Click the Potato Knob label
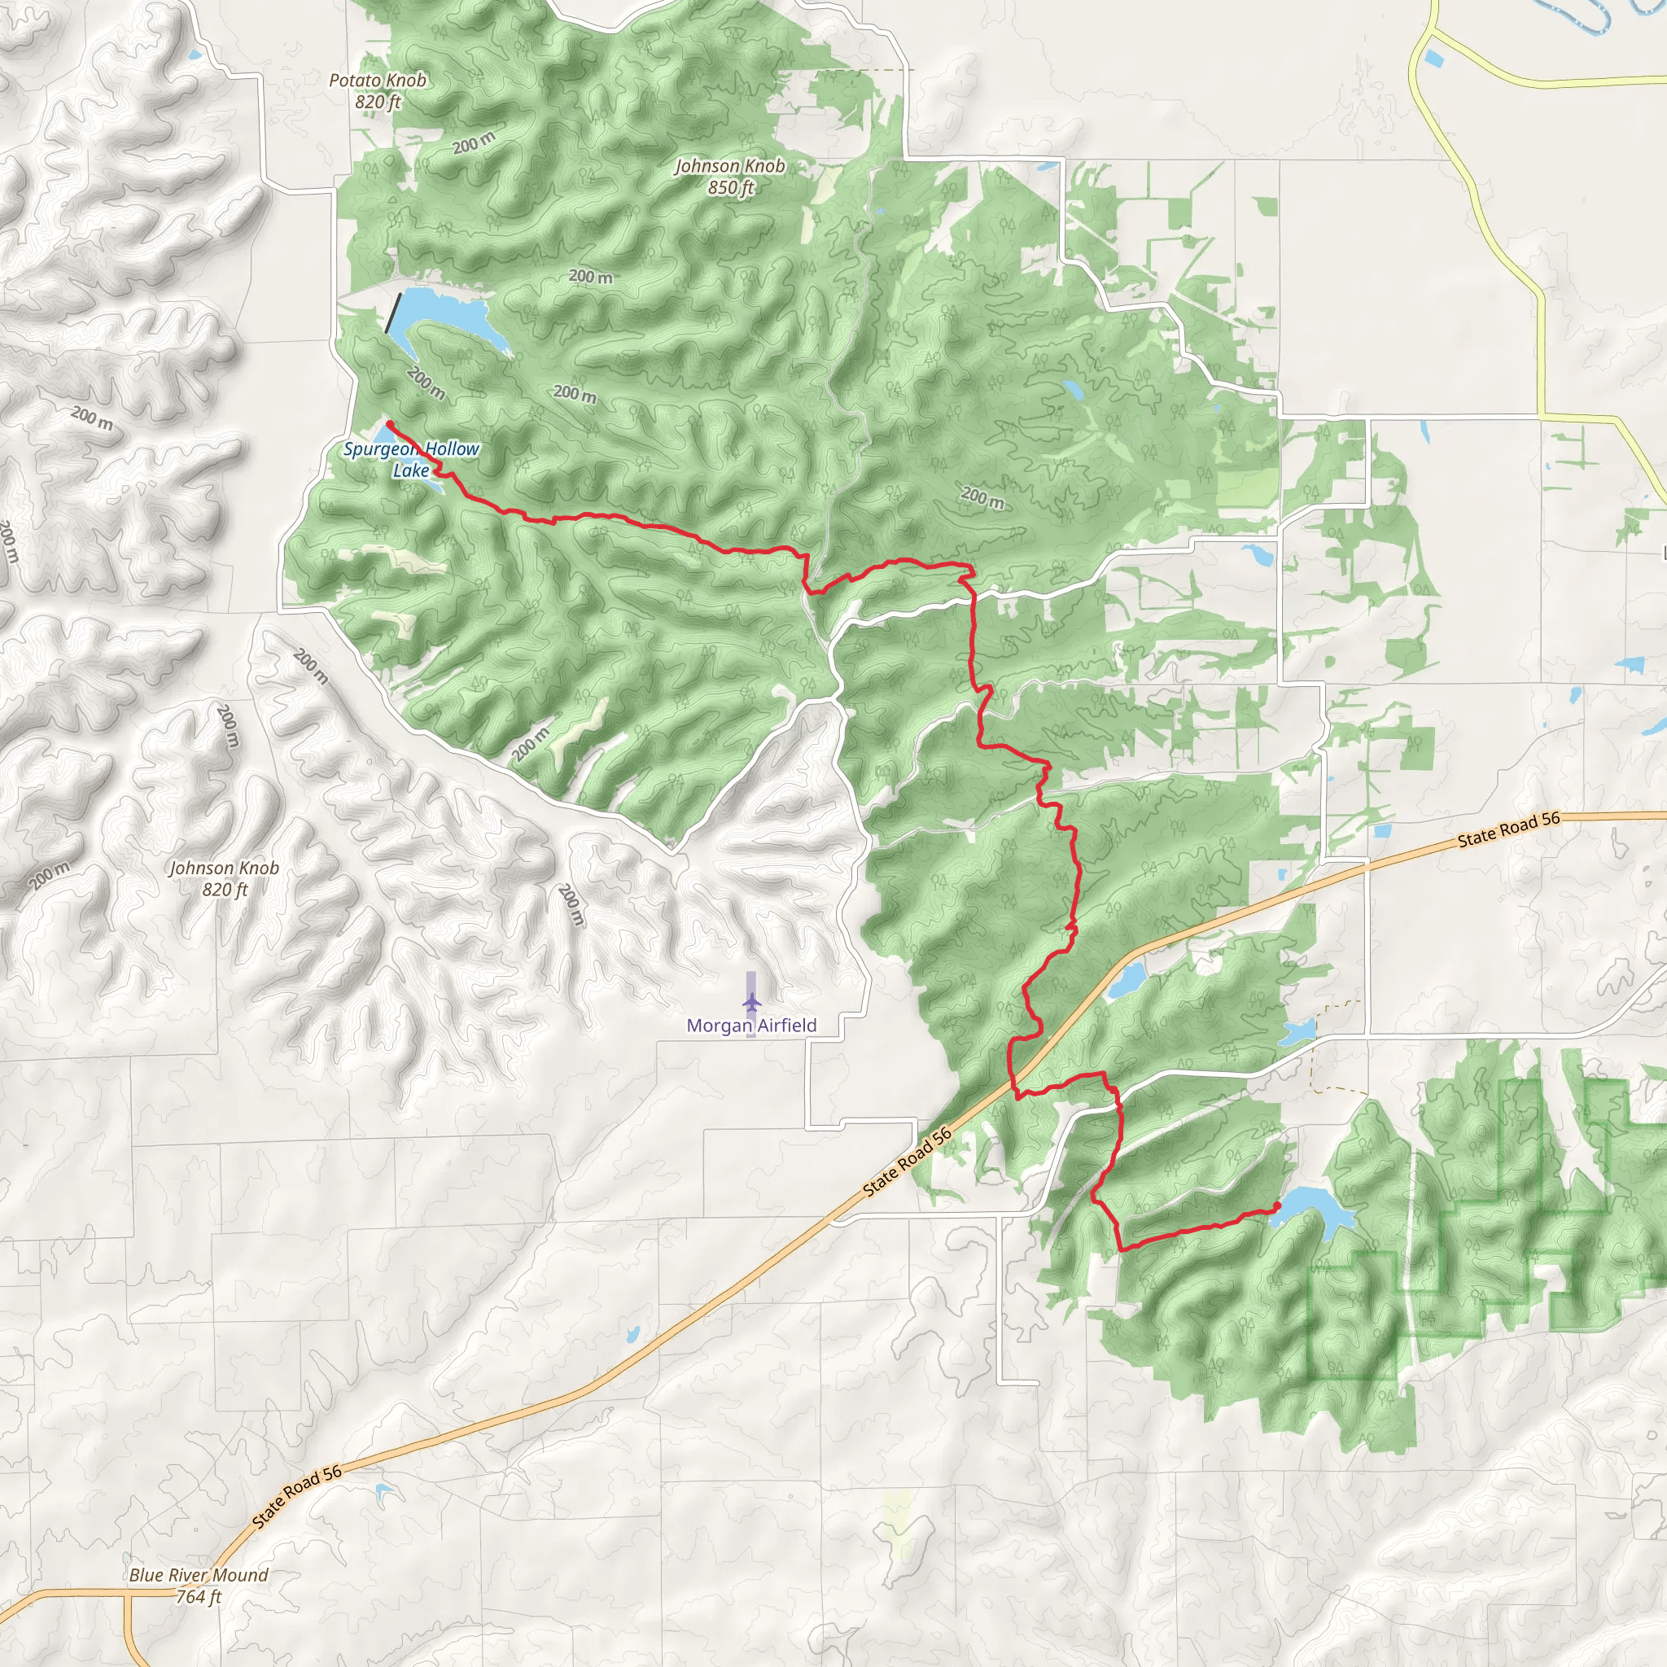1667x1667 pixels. tap(378, 81)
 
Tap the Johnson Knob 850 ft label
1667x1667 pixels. tap(730, 176)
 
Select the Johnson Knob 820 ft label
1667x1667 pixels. tap(225, 878)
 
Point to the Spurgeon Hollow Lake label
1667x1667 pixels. tap(411, 459)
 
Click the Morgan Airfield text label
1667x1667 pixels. tap(751, 1025)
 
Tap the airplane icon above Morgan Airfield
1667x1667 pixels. tap(751, 1003)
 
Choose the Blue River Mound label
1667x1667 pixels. tap(199, 1575)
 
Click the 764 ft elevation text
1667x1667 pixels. tap(199, 1597)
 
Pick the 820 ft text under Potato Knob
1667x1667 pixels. tap(378, 102)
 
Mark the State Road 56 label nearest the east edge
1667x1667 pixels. tap(1509, 829)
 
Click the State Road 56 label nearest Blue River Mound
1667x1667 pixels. tap(298, 1497)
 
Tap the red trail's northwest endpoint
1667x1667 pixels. tap(389, 422)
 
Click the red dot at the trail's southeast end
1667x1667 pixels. tap(1277, 1205)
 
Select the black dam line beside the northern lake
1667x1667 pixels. tap(393, 313)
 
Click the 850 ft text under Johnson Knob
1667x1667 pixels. tap(730, 187)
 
